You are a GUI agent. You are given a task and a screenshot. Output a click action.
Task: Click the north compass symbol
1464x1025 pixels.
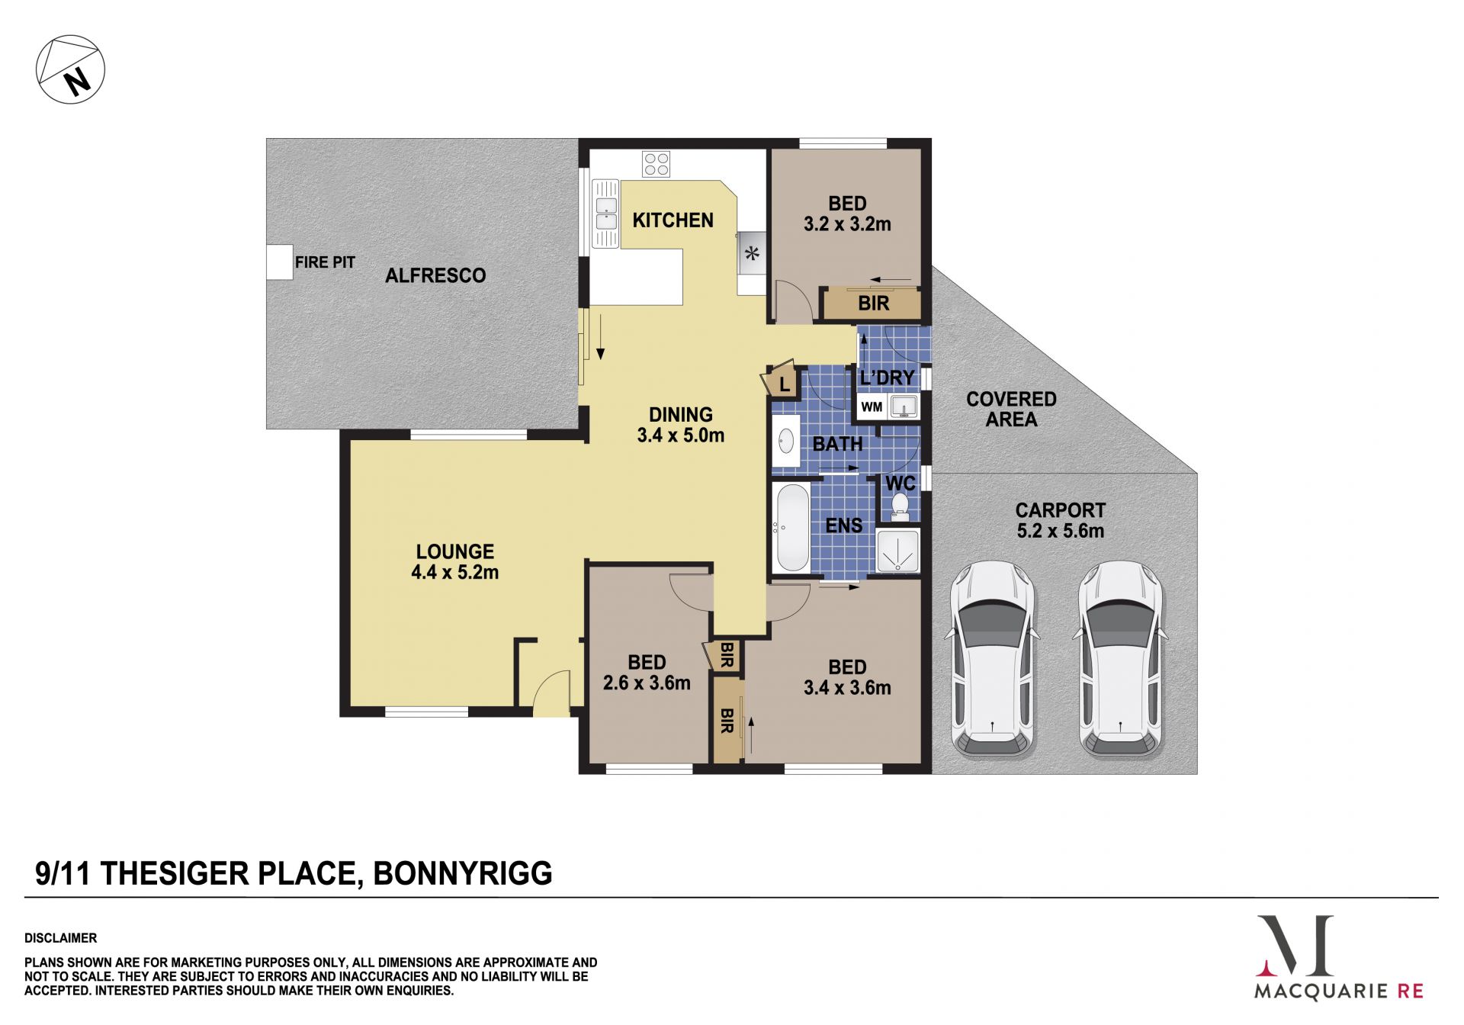(70, 69)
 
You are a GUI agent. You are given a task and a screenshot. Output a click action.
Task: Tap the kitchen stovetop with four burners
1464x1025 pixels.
(657, 164)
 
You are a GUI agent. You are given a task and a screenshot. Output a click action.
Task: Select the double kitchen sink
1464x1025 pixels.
(606, 214)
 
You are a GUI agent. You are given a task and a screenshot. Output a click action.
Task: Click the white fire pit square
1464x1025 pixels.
(280, 262)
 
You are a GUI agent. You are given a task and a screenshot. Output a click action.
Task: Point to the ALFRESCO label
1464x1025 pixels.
(435, 275)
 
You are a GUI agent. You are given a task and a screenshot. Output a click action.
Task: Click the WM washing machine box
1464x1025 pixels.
(872, 406)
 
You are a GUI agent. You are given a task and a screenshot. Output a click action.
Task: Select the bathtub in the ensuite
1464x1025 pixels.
(791, 527)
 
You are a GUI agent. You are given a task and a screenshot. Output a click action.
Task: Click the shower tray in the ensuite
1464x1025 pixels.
(898, 551)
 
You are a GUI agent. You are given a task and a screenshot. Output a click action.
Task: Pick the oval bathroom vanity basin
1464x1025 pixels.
(785, 441)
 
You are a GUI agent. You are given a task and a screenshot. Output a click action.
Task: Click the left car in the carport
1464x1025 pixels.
(992, 659)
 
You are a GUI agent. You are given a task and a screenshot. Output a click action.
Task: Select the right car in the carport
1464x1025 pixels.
(1120, 659)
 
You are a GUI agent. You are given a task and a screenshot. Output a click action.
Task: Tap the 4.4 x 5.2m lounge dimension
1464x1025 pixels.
(455, 572)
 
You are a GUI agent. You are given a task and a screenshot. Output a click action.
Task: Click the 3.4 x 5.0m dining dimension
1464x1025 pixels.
(681, 435)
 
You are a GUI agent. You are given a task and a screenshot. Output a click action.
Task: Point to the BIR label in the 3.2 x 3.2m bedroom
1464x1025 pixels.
(873, 304)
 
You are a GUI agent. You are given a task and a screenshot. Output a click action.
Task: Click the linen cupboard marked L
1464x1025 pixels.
(782, 380)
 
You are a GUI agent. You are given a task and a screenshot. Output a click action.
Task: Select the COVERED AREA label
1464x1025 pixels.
(1011, 409)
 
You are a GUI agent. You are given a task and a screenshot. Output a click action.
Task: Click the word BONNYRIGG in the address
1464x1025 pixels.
(463, 873)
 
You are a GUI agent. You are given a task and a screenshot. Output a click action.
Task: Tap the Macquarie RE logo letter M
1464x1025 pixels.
(1295, 946)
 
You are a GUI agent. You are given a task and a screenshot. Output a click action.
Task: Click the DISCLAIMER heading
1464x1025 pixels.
(61, 938)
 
